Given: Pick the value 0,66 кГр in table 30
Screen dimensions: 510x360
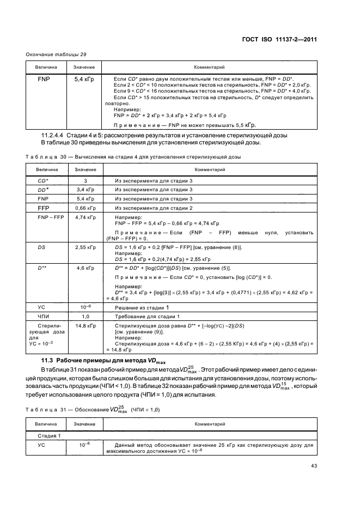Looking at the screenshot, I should pyautogui.click(x=86, y=208).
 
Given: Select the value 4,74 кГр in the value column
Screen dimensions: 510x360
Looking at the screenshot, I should pyautogui.click(x=86, y=217).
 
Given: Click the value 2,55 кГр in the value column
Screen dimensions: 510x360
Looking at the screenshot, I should pyautogui.click(x=86, y=247).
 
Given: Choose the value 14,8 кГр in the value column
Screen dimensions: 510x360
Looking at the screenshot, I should pyautogui.click(x=86, y=325).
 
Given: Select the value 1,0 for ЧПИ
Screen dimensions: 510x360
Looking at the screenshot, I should pyautogui.click(x=86, y=316).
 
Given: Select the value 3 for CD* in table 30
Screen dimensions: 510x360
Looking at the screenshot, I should pyautogui.click(x=86, y=180).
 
